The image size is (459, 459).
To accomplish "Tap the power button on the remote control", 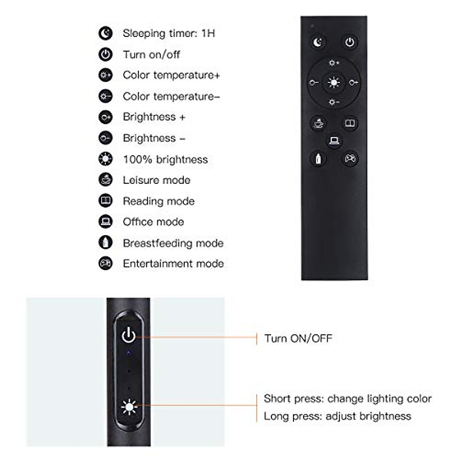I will (x=350, y=42).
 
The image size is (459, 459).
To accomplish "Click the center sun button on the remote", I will (x=334, y=82).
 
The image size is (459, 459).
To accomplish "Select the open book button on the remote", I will (x=350, y=124).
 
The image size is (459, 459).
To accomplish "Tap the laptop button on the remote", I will (x=334, y=141).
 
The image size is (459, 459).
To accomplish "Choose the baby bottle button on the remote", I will (x=318, y=158).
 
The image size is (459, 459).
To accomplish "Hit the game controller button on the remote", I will (x=350, y=158).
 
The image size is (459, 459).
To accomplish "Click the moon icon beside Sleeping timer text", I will (x=105, y=33).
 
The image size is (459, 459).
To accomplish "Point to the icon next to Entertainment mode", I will (x=105, y=264).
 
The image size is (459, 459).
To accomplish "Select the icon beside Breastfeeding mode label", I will (x=105, y=243).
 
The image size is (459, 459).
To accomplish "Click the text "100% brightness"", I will (x=165, y=159).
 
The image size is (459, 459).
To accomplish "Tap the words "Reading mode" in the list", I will (x=158, y=201).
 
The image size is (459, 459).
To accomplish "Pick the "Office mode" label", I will (x=153, y=222).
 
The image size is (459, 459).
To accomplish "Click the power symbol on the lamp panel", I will (x=129, y=335).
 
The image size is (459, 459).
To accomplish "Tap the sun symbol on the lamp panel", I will (x=129, y=407).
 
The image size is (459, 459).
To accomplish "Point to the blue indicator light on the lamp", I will (x=129, y=352).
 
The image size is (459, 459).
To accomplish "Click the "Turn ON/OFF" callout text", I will (x=298, y=339).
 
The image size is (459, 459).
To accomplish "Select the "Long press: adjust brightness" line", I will (x=337, y=416).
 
